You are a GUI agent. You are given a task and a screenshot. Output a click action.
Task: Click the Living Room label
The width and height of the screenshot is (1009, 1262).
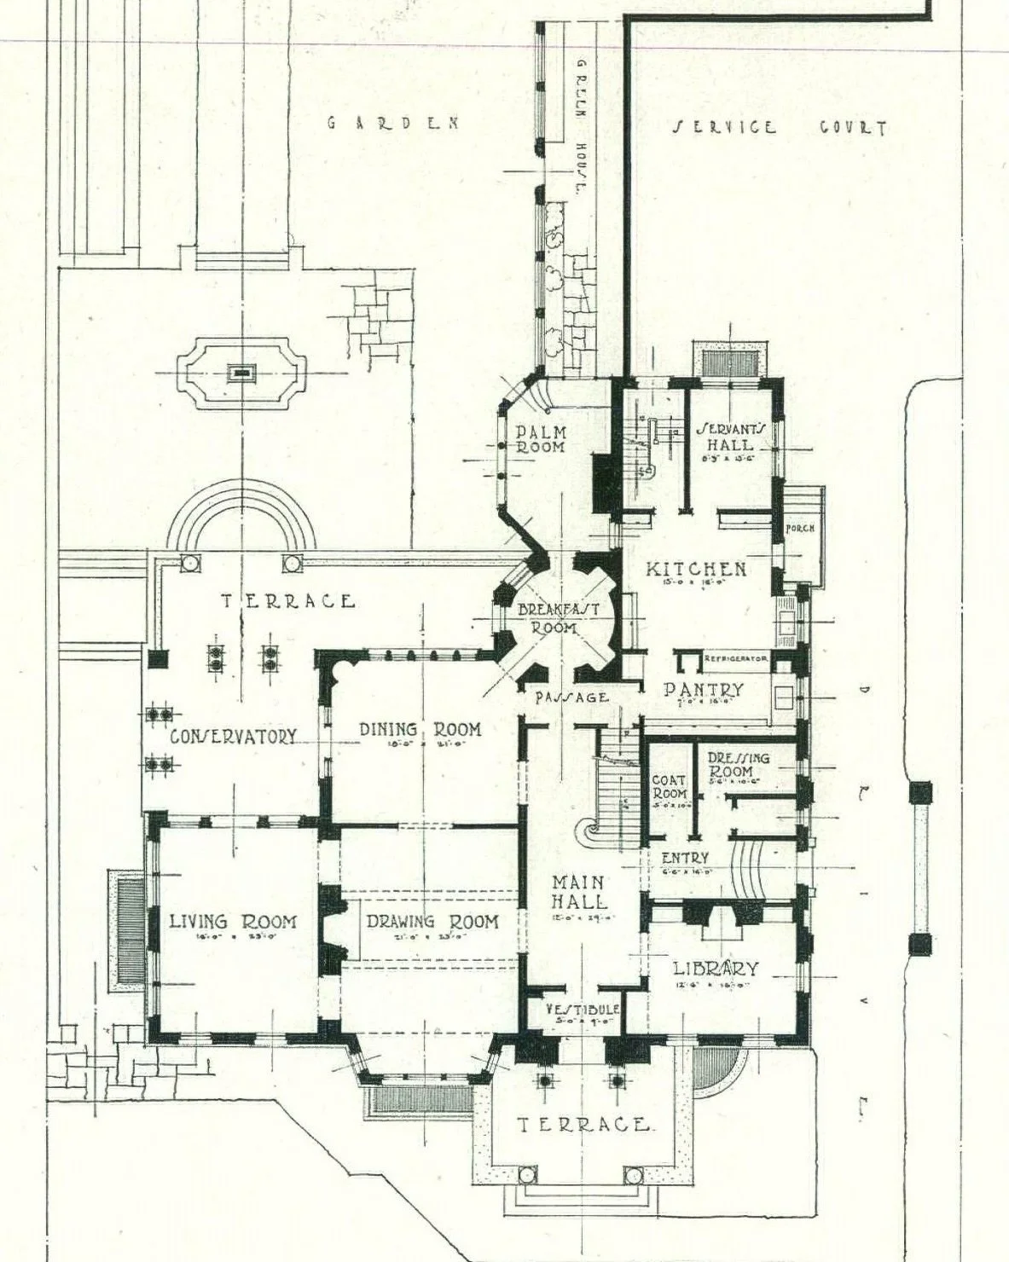(x=233, y=922)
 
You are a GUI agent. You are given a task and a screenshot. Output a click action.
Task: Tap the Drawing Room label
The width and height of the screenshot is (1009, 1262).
(x=432, y=922)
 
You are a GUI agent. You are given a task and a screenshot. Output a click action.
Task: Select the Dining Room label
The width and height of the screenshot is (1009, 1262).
(x=420, y=730)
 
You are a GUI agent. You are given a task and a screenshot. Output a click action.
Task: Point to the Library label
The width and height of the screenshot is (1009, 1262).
(x=716, y=969)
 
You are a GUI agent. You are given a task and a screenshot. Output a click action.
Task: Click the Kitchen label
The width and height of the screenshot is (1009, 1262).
(x=696, y=569)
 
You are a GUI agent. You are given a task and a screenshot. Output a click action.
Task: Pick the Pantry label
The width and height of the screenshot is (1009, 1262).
(x=704, y=689)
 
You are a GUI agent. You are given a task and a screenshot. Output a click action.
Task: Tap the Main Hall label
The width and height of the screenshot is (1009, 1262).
(x=579, y=891)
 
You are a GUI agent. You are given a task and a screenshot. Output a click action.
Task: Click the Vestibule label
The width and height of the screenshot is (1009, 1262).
(x=583, y=1009)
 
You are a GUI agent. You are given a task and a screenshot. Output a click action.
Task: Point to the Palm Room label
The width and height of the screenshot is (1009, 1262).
(x=542, y=439)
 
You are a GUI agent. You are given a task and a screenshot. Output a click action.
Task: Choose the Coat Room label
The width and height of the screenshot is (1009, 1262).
(x=670, y=787)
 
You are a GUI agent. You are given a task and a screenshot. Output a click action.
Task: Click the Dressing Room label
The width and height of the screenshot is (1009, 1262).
(x=738, y=764)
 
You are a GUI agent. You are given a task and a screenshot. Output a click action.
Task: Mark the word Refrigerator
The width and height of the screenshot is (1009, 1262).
(x=736, y=659)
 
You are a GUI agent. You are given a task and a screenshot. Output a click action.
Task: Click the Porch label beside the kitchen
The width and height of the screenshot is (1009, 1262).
(x=800, y=528)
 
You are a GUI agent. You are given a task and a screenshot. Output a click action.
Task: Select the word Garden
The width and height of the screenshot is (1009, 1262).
(x=393, y=123)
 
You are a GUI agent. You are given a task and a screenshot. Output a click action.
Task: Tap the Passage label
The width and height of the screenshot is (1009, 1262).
(x=571, y=697)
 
